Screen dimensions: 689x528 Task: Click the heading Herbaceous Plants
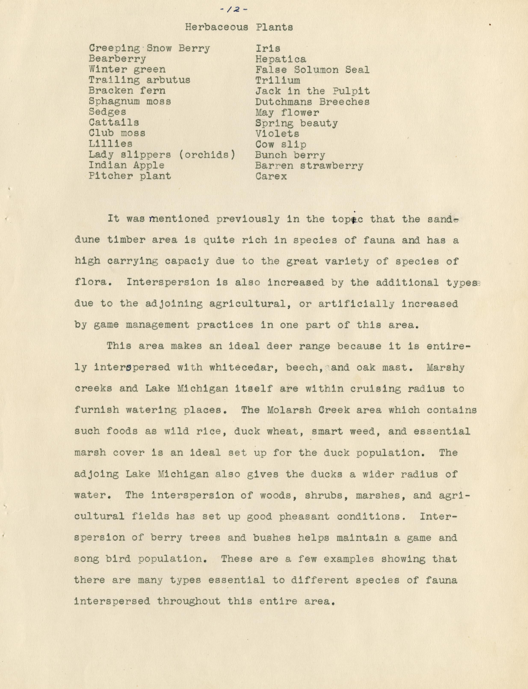pyautogui.click(x=239, y=27)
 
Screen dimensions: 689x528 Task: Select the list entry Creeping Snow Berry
pyautogui.click(x=149, y=48)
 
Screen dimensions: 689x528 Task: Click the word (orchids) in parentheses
pyautogui.click(x=207, y=155)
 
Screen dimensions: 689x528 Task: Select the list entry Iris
pyautogui.click(x=268, y=48)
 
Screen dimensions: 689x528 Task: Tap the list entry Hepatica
pyautogui.click(x=281, y=59)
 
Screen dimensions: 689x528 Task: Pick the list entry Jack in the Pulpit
pyautogui.click(x=312, y=91)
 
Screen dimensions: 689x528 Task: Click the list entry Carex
pyautogui.click(x=271, y=176)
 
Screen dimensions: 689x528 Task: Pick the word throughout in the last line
pyautogui.click(x=189, y=601)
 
